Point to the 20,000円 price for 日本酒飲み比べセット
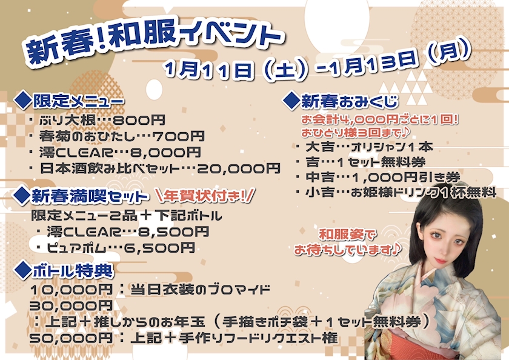[239, 168]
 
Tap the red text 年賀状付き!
[205, 195]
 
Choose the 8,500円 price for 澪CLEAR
[173, 232]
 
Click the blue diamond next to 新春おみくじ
[291, 100]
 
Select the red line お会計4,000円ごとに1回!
[379, 119]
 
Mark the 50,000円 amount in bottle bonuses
[71, 338]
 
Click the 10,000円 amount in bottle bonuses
[71, 289]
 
